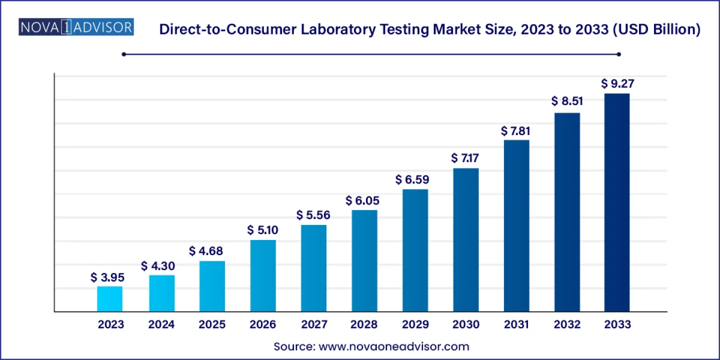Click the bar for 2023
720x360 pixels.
tap(109, 299)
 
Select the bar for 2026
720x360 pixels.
tap(263, 276)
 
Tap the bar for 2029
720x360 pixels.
tap(415, 250)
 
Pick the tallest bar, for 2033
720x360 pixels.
tap(616, 202)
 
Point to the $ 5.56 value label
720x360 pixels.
tap(313, 215)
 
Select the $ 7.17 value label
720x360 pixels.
tap(465, 158)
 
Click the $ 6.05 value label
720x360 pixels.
tap(362, 201)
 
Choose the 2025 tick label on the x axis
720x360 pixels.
tap(212, 324)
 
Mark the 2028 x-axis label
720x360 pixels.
tap(364, 324)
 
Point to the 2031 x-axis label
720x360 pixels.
tap(516, 324)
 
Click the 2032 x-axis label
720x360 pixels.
tap(566, 324)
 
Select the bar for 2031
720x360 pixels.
tap(516, 226)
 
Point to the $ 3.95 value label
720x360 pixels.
tap(107, 277)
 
